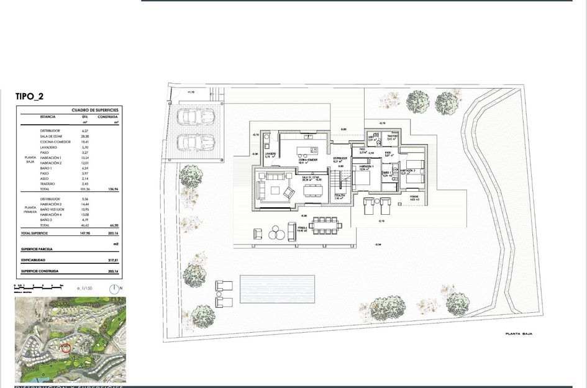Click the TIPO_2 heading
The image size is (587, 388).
[x=29, y=96]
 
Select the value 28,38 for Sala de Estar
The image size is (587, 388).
[x=85, y=136]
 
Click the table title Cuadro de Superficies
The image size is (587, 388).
[x=94, y=109]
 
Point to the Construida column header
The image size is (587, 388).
[x=107, y=116]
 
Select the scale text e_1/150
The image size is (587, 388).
[x=84, y=289]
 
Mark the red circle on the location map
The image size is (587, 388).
[x=66, y=348]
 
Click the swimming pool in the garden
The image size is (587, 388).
[x=277, y=289]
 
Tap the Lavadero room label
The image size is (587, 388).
[x=270, y=156]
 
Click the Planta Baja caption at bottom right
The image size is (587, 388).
[x=519, y=334]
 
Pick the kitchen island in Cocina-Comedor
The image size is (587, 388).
[x=307, y=150]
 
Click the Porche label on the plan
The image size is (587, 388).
[x=414, y=197]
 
